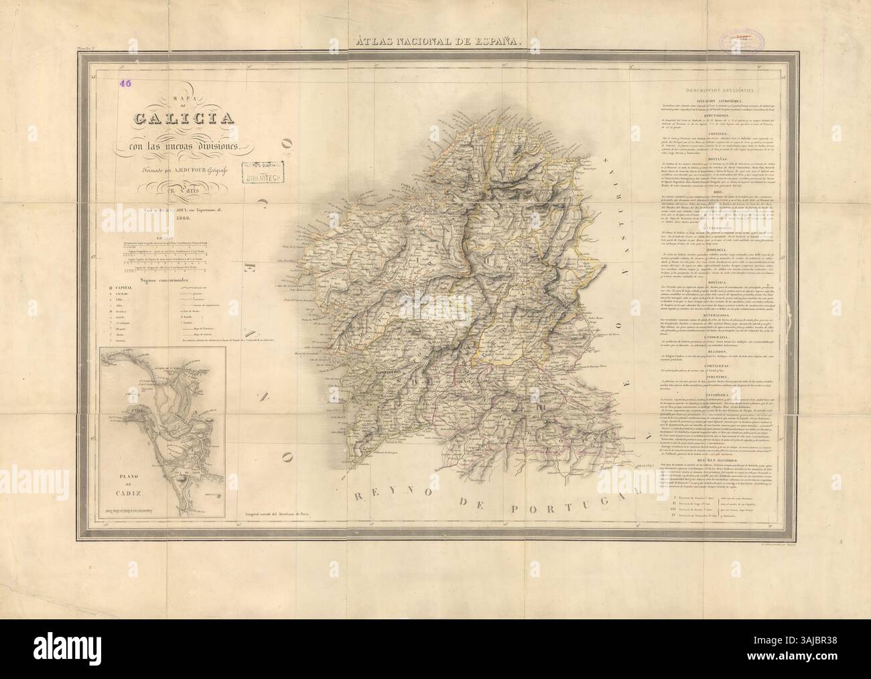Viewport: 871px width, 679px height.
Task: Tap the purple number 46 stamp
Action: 125,84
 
